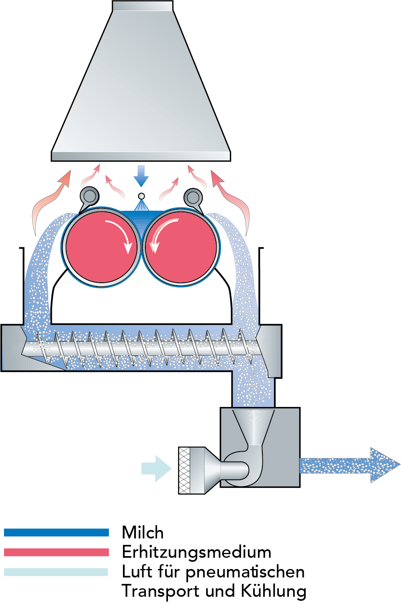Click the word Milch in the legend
click(x=143, y=532)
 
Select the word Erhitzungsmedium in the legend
click(x=196, y=552)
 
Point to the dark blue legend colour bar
click(x=56, y=532)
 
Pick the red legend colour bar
click(x=56, y=552)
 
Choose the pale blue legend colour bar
click(x=56, y=572)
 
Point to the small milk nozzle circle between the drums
click(x=141, y=196)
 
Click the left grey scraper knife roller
click(x=89, y=196)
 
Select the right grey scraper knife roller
click(x=193, y=197)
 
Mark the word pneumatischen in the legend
click(x=245, y=572)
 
